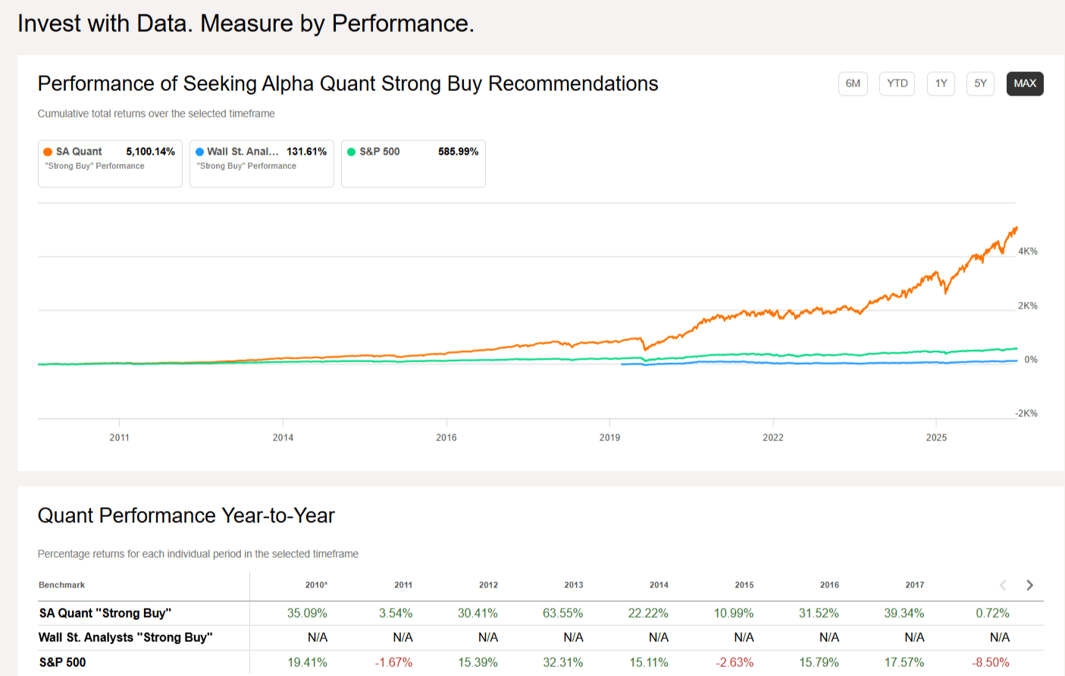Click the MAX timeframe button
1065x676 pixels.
pos(1025,83)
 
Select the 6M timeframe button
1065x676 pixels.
pos(853,83)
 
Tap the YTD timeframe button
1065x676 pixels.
pos(897,83)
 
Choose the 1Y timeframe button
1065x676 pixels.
pos(941,83)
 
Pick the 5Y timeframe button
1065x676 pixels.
pos(980,83)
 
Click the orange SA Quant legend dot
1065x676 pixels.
pos(48,152)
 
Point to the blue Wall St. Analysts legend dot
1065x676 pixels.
pos(199,152)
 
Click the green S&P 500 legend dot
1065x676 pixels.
pos(352,152)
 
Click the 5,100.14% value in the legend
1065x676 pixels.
pos(150,152)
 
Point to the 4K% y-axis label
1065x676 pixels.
pos(1027,252)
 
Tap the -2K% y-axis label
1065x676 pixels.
pos(1026,414)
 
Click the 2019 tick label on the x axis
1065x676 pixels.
pos(609,438)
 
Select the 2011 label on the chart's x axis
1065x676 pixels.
pos(119,438)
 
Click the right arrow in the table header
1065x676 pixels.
pos(1030,585)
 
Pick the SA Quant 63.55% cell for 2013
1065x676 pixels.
pos(562,613)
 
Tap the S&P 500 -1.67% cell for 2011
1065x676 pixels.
pos(393,662)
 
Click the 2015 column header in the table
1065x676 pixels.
pos(744,585)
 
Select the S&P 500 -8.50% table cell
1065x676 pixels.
pos(991,662)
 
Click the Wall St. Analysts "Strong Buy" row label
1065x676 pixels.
pos(126,637)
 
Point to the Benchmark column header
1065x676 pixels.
pos(62,585)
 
